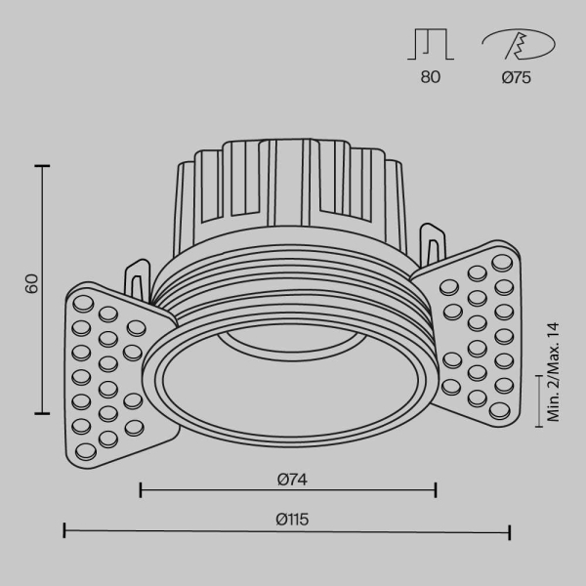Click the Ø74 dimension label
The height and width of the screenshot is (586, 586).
pos(287,479)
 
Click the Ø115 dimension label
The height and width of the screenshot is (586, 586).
pos(287,521)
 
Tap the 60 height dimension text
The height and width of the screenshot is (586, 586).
pos(30,284)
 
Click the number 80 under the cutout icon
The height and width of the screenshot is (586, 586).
pos(431,78)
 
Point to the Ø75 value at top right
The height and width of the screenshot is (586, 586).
pos(516,78)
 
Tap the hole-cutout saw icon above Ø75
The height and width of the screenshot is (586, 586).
pos(517,45)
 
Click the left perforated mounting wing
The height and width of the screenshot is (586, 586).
pos(107,371)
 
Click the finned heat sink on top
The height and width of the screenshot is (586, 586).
pos(287,190)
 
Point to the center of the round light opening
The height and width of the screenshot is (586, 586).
pos(289,386)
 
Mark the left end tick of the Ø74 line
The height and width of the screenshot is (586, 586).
pos(141,488)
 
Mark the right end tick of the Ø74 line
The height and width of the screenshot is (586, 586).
pos(436,488)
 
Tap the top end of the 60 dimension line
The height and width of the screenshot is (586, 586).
pos(42,167)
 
